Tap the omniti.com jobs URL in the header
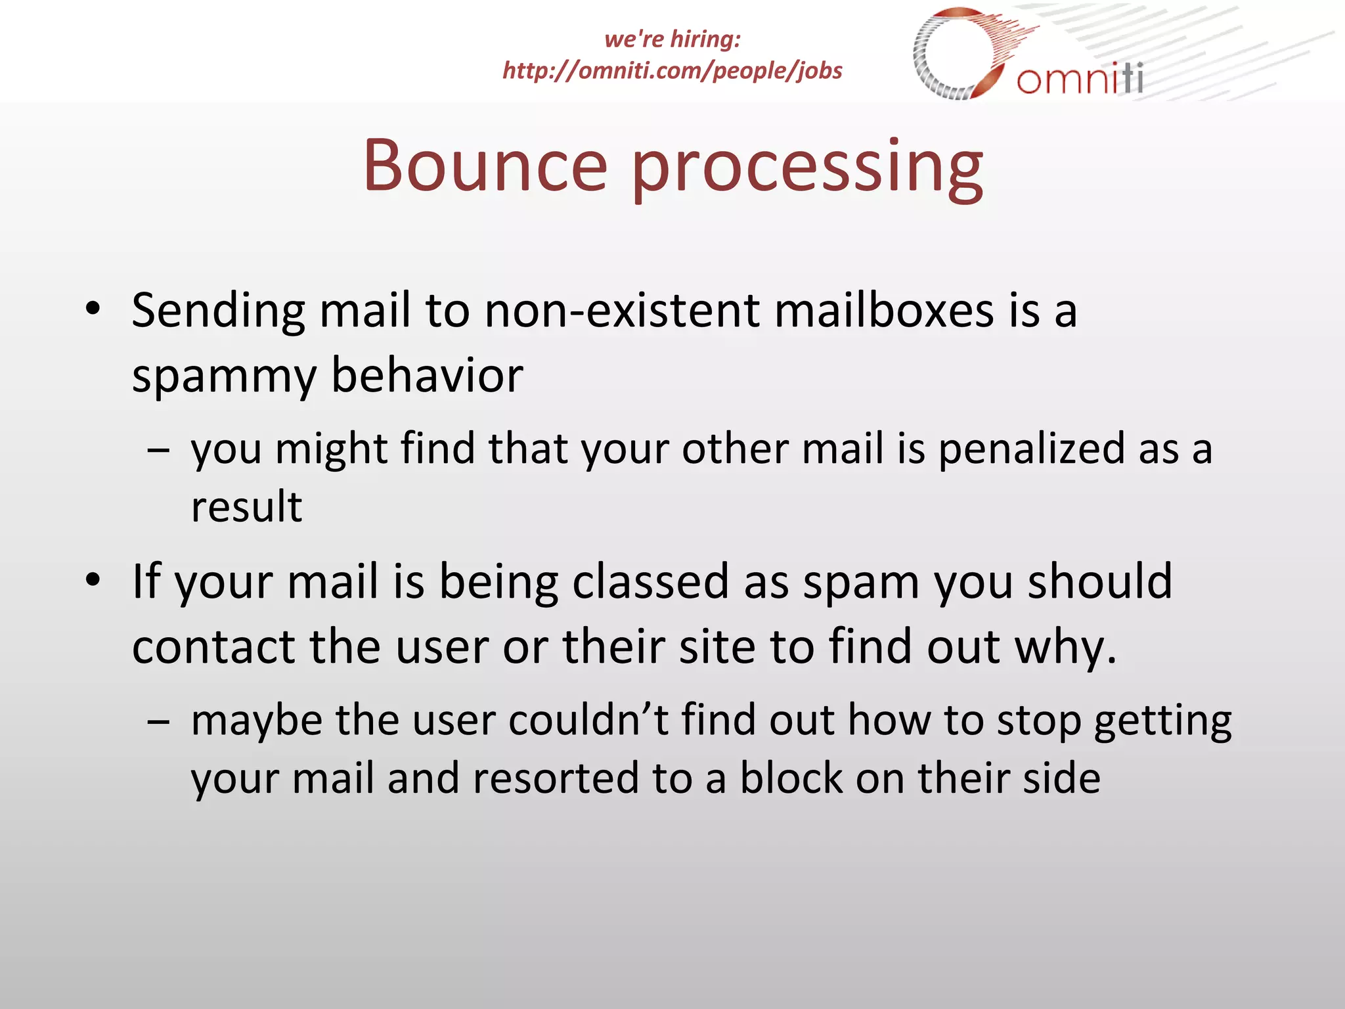(x=672, y=70)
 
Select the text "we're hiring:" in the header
(x=672, y=39)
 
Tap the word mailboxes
(x=884, y=310)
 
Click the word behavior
(x=427, y=376)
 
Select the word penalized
(x=1031, y=450)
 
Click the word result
(x=246, y=507)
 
